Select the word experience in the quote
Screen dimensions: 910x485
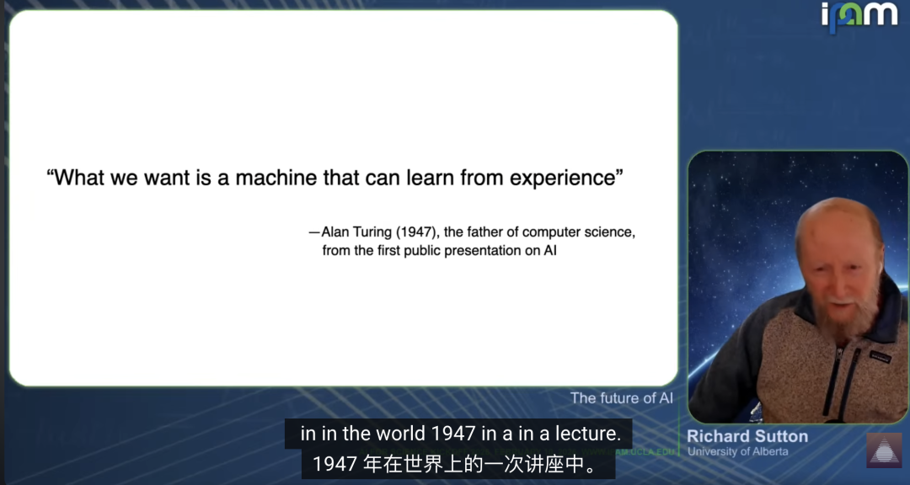click(562, 179)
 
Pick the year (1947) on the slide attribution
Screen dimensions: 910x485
click(417, 232)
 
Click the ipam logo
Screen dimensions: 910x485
click(859, 15)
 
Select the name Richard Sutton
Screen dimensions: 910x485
click(747, 436)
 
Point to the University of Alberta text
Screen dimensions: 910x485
click(737, 451)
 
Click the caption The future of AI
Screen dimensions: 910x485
click(622, 398)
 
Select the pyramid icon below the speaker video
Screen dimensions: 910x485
click(885, 450)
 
